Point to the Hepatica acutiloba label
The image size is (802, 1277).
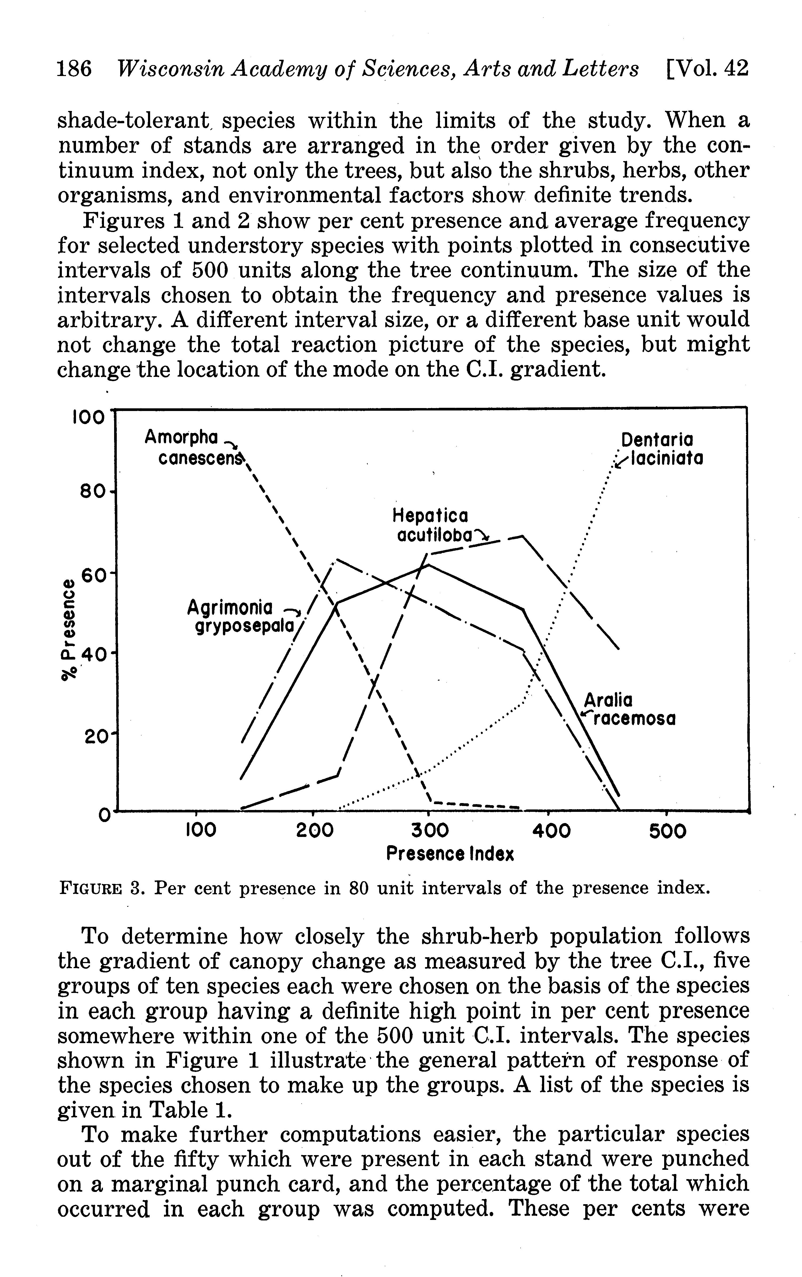[434, 525]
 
